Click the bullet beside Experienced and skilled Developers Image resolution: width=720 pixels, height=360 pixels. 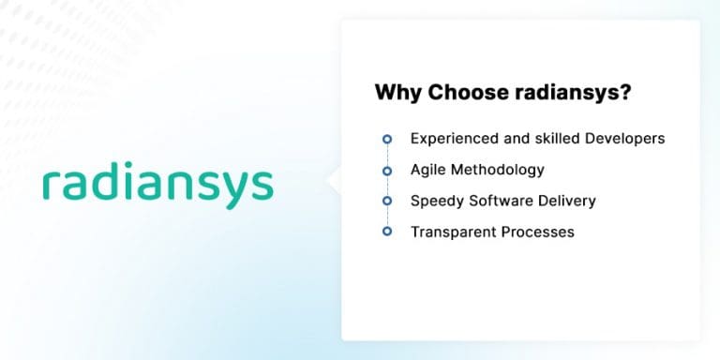click(386, 139)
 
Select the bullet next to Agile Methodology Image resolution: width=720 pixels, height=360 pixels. click(386, 171)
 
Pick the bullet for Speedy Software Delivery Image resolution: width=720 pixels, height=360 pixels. click(386, 201)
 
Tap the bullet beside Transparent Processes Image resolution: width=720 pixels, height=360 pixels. click(386, 232)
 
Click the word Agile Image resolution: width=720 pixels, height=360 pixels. click(429, 171)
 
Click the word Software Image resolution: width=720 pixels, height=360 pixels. click(502, 201)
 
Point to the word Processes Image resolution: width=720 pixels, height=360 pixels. click(538, 232)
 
